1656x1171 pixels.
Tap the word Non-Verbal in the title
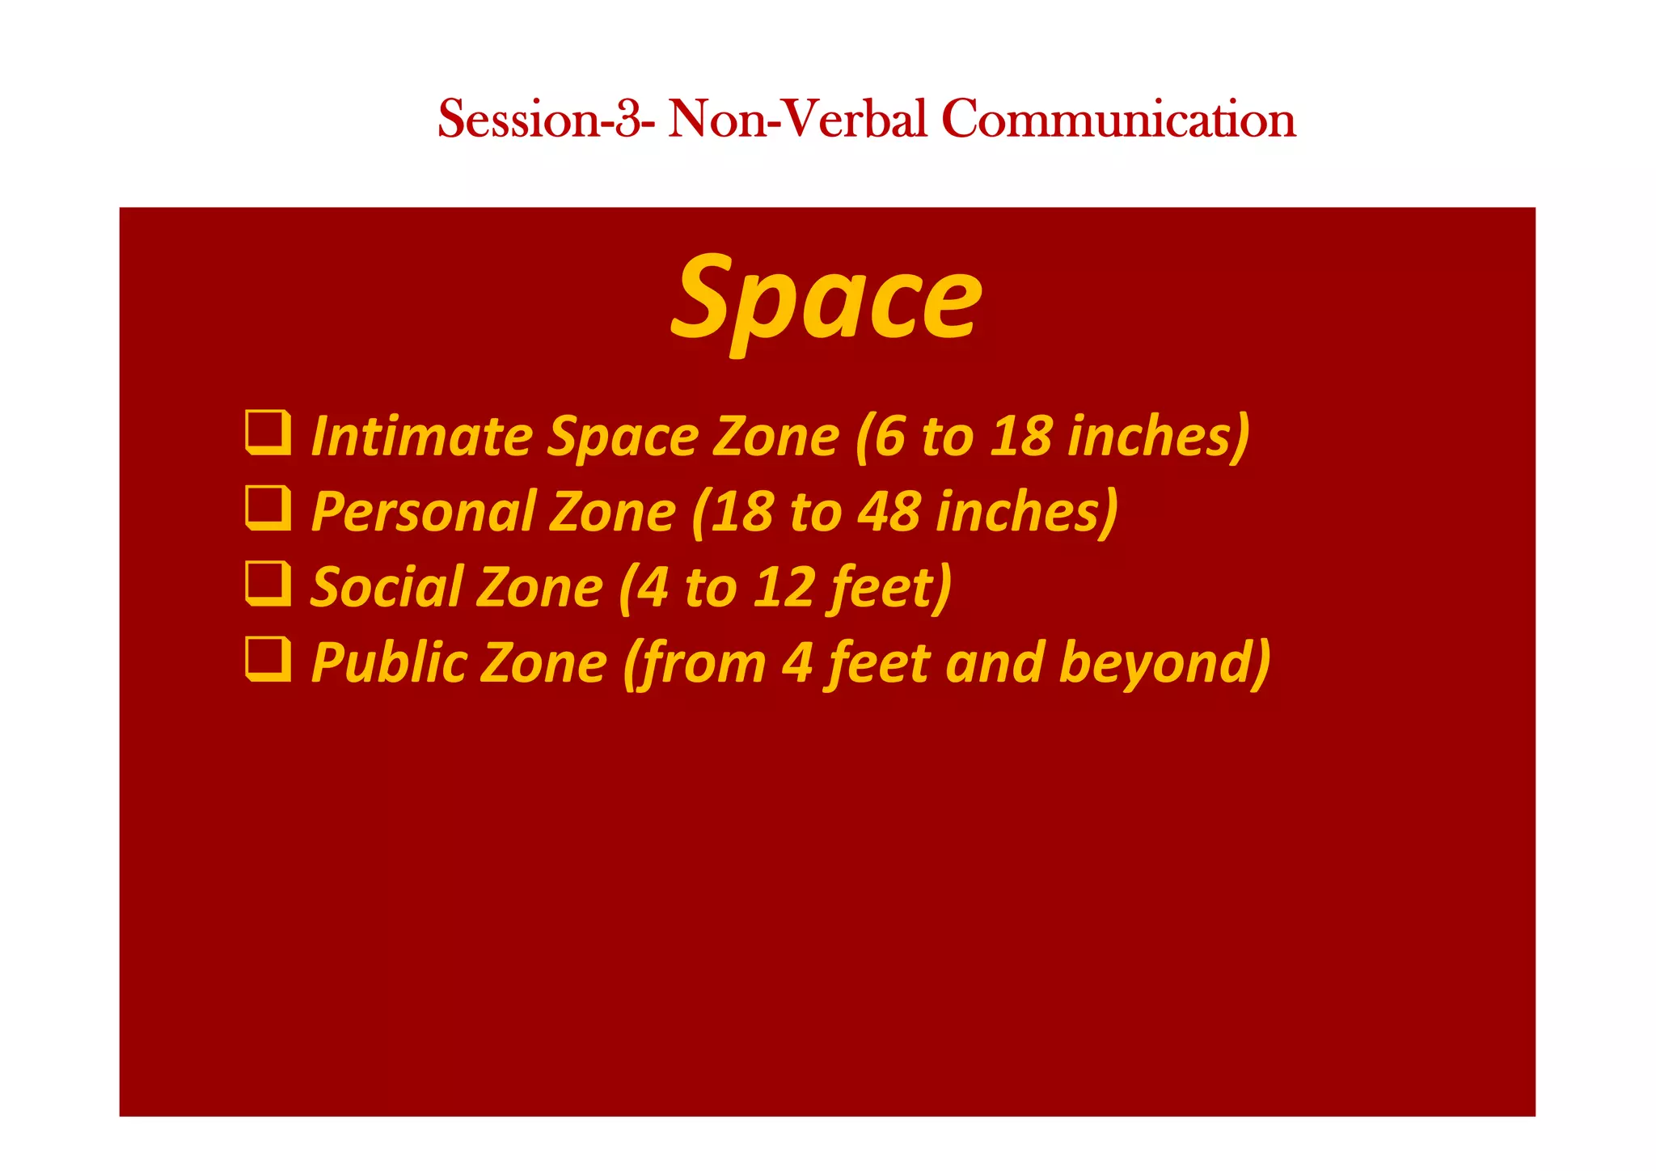[x=797, y=119]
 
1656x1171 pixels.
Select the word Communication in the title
[x=1118, y=119]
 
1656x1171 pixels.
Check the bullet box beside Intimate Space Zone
[x=268, y=433]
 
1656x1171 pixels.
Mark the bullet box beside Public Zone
[x=268, y=659]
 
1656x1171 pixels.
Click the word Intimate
[x=420, y=437]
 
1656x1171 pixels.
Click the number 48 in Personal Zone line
[x=888, y=512]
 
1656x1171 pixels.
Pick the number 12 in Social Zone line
[x=784, y=587]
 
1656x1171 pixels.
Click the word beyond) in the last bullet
[x=1164, y=663]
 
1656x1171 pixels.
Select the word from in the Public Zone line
[x=695, y=663]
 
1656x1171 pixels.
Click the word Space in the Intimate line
[x=623, y=437]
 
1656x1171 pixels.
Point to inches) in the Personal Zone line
[x=1027, y=512]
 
